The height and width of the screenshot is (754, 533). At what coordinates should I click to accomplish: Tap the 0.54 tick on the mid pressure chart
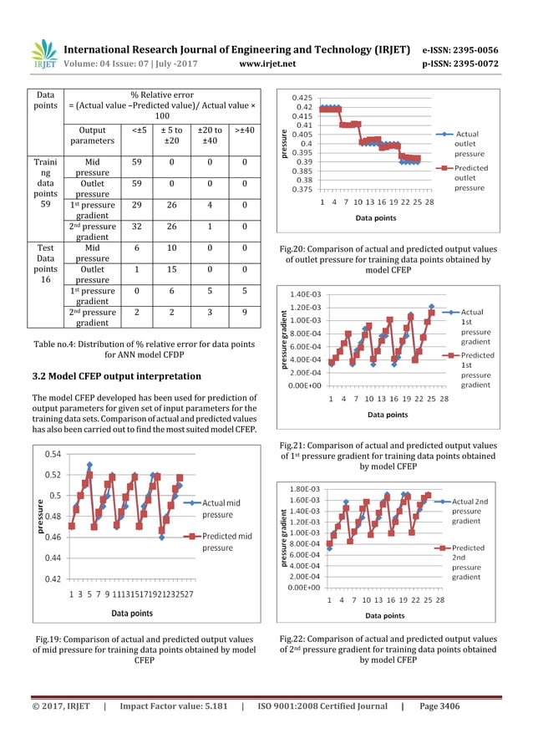pos(52,455)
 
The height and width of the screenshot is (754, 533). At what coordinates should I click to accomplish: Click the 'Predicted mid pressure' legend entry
pos(226,542)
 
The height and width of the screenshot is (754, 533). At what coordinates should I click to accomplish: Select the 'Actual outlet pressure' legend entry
pos(468,143)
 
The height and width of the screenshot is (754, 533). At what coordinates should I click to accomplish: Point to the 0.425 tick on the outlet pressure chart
pos(302,98)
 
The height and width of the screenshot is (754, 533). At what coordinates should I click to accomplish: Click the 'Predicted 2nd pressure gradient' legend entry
pos(470,562)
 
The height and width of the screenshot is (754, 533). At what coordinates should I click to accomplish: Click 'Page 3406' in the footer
pos(439,706)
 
